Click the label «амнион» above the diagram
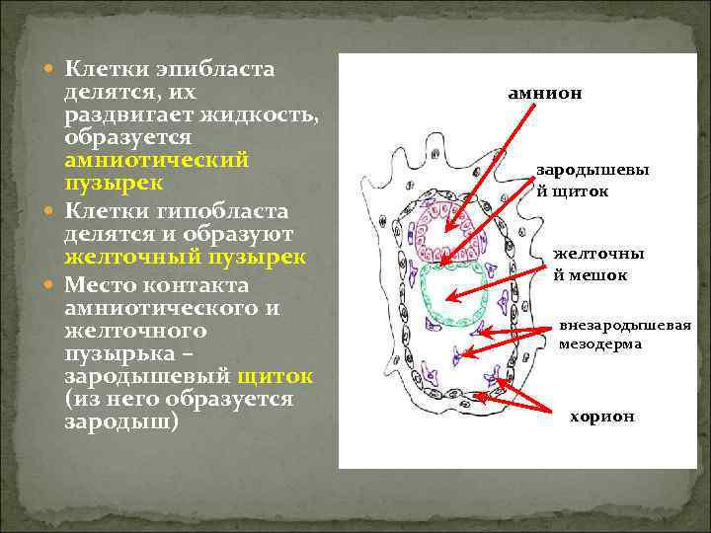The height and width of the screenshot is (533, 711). tap(544, 94)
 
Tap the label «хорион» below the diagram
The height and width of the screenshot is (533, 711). tap(602, 417)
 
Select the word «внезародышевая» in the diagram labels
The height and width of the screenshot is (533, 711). tap(625, 326)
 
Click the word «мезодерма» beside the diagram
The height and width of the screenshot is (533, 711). tap(600, 344)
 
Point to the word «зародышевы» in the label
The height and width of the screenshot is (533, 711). tap(592, 170)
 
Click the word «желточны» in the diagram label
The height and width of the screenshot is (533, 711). tap(598, 255)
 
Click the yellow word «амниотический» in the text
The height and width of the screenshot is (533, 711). tap(156, 161)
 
